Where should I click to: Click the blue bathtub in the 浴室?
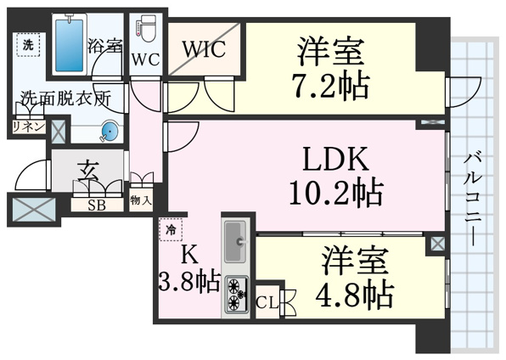click(x=69, y=44)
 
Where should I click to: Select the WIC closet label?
click(x=204, y=49)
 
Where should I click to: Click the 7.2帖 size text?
click(x=330, y=86)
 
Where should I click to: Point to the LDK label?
click(x=335, y=159)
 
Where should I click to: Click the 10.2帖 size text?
click(x=336, y=193)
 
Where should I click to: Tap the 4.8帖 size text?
click(x=354, y=295)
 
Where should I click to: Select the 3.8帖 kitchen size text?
click(x=189, y=282)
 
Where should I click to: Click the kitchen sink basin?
click(x=235, y=241)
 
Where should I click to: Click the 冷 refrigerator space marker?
click(x=171, y=230)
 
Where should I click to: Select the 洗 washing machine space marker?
click(x=28, y=45)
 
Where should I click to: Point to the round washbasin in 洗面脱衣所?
click(x=110, y=132)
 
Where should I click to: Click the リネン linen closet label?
click(x=28, y=127)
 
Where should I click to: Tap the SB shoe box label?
click(x=97, y=205)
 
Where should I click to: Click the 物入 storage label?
click(x=141, y=200)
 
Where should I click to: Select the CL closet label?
click(x=267, y=303)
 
